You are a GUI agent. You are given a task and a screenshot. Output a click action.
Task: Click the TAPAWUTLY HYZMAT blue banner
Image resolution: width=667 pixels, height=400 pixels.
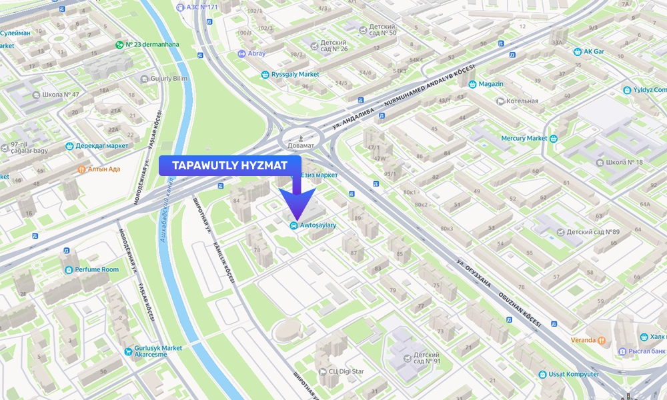tap(230, 165)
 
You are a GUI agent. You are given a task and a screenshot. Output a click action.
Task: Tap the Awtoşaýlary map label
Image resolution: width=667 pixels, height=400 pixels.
tap(317, 225)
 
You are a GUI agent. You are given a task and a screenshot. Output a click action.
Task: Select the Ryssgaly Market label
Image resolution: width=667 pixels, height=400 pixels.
tap(295, 74)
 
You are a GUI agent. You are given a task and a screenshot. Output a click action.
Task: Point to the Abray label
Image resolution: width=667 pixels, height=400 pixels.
tap(256, 53)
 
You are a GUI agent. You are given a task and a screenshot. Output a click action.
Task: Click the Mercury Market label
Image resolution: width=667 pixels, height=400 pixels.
tap(524, 139)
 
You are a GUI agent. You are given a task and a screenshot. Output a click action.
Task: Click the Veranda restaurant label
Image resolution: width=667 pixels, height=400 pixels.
tap(584, 340)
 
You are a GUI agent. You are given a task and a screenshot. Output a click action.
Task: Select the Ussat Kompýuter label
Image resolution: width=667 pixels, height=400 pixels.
tap(573, 374)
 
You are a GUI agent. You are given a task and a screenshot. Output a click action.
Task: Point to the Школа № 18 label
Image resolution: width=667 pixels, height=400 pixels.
tap(624, 162)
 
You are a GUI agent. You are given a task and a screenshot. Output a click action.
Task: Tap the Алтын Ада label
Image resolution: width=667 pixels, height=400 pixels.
tap(103, 169)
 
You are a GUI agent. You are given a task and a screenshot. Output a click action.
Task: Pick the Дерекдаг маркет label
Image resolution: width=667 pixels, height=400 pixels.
tap(101, 145)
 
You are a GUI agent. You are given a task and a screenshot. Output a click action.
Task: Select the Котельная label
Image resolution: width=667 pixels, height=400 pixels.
tap(522, 101)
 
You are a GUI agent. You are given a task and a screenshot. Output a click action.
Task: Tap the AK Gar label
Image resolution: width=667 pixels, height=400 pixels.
tap(594, 51)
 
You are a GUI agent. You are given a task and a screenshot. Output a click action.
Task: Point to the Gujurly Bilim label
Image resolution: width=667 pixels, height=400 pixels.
tap(169, 79)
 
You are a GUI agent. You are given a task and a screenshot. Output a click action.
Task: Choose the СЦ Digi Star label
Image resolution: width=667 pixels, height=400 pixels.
tap(344, 371)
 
